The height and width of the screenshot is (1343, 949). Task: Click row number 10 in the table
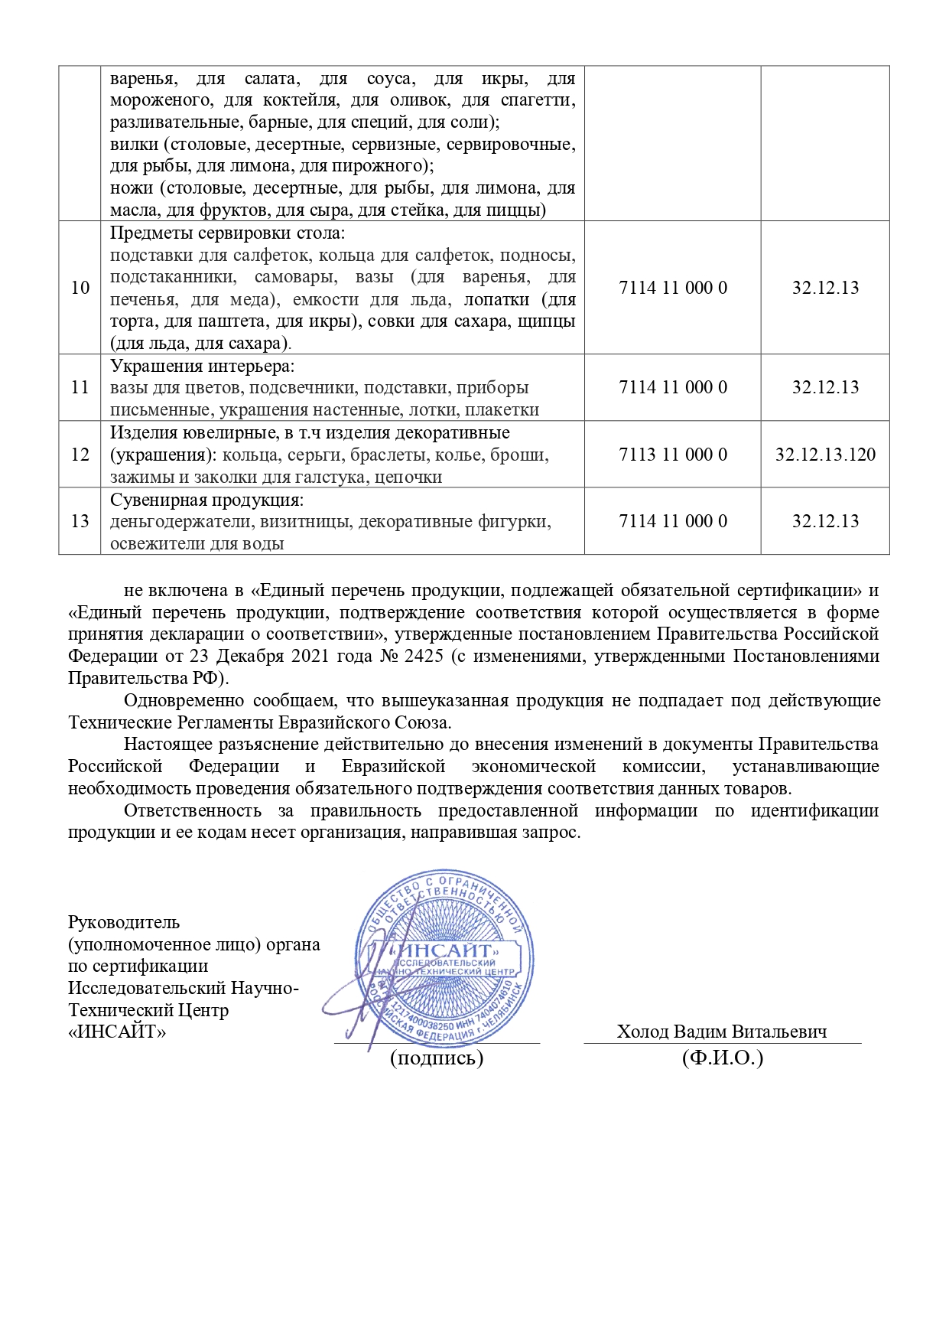coord(80,288)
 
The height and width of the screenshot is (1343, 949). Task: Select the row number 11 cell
coord(80,387)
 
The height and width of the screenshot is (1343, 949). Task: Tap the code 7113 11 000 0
coord(673,455)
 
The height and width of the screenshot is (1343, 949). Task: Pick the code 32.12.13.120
coord(825,455)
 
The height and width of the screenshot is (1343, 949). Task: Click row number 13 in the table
coord(80,521)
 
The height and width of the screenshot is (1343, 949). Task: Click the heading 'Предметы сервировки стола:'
coord(227,233)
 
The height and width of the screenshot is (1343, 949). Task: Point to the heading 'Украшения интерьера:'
coord(203,366)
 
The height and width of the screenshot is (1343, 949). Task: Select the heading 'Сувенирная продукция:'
coord(207,500)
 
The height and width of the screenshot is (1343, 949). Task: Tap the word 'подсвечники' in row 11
coord(303,388)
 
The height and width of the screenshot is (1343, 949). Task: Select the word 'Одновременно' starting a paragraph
coord(184,701)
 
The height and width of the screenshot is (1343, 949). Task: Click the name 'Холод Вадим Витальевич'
coord(722,1032)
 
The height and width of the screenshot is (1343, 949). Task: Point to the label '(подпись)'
coord(437,1058)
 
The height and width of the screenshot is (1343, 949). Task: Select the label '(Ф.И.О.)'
coord(723,1058)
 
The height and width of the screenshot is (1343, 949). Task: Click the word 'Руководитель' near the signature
coord(124,923)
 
